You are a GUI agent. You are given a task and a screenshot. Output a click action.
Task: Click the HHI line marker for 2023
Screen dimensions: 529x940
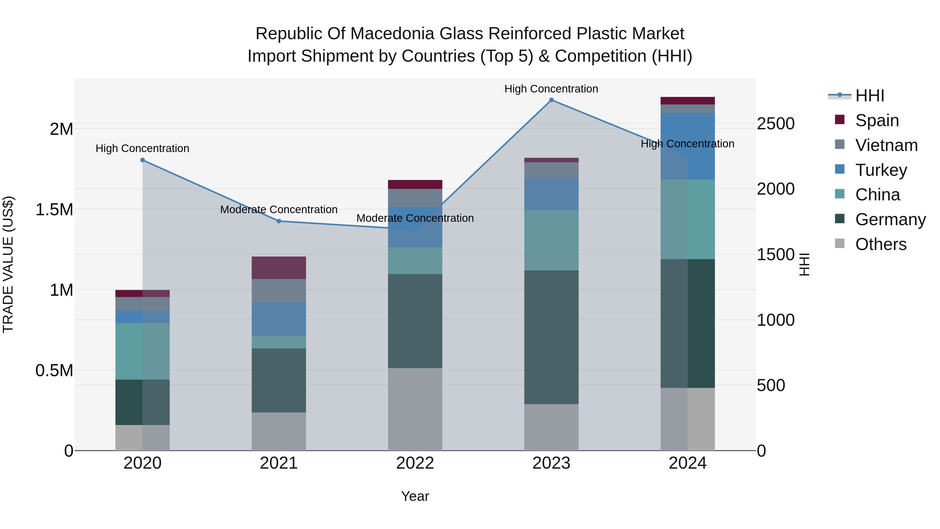click(x=551, y=100)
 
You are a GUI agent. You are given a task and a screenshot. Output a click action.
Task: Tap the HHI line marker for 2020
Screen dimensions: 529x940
click(x=143, y=160)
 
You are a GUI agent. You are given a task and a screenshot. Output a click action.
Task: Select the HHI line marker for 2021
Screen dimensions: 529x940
click(x=279, y=221)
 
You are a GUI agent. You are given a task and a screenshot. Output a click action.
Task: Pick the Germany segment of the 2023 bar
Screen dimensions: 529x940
click(x=551, y=337)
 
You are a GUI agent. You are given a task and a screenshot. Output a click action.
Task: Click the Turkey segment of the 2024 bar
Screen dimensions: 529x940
click(x=688, y=146)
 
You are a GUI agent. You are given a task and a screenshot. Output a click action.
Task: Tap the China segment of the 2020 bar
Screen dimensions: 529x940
click(x=143, y=351)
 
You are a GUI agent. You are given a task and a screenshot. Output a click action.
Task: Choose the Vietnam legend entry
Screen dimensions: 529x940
click(x=886, y=145)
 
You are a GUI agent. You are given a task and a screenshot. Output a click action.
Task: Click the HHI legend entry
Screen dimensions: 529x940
click(x=869, y=96)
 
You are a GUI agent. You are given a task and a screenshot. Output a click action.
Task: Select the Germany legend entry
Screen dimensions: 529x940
click(x=890, y=219)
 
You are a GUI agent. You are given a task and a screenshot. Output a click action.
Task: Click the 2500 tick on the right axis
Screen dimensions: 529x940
click(x=775, y=124)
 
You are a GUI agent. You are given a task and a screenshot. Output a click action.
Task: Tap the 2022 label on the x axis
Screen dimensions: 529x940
click(x=415, y=463)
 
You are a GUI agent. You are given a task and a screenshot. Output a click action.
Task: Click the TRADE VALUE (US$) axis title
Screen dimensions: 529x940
click(x=8, y=264)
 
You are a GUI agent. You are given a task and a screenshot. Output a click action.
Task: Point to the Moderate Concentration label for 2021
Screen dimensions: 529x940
click(x=279, y=210)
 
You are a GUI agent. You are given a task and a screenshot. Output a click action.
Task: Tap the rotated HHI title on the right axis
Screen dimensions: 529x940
click(x=804, y=264)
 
